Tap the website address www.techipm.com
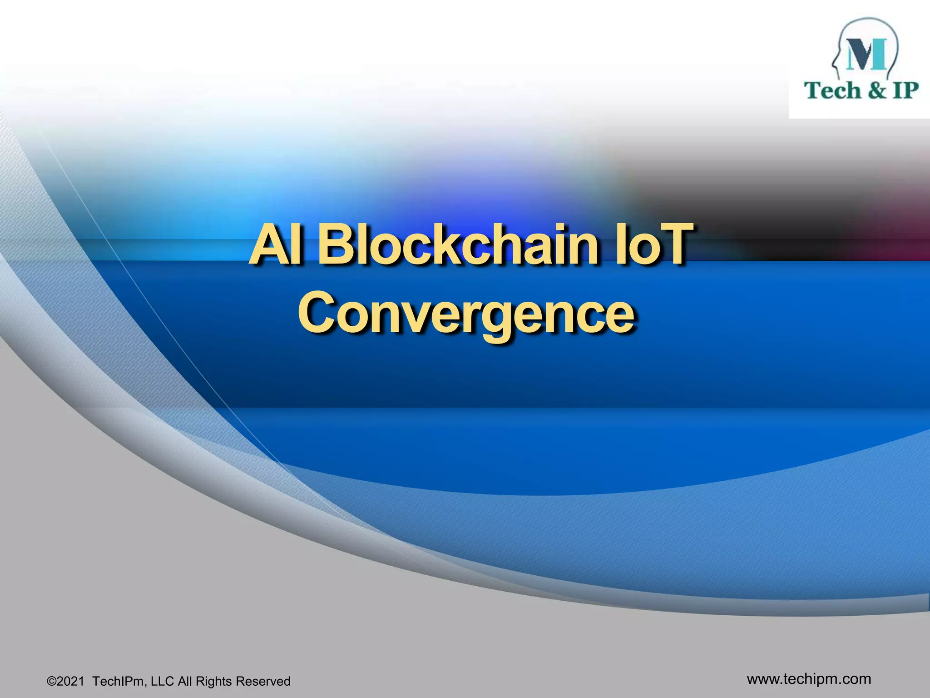[x=809, y=679]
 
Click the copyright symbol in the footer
[x=51, y=682]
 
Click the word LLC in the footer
[x=162, y=681]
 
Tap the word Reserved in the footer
[x=263, y=681]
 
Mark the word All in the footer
[x=185, y=681]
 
